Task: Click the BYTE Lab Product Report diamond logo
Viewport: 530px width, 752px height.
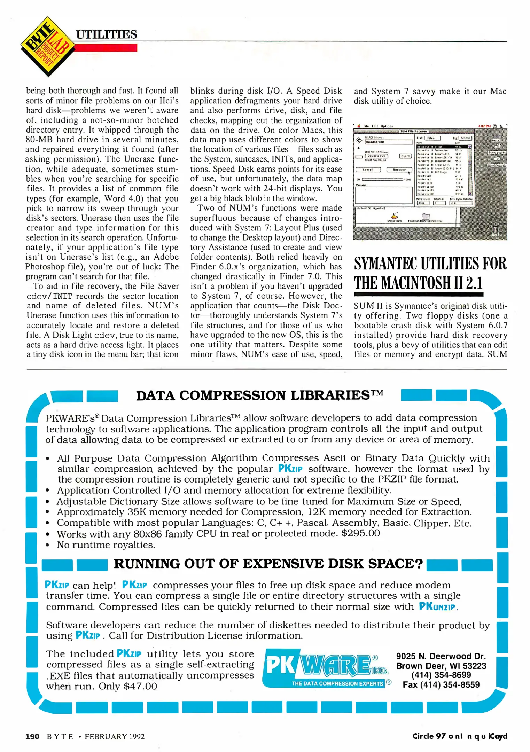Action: coord(47,47)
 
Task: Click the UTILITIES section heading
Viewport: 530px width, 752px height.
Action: coord(107,34)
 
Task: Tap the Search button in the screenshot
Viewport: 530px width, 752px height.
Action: coord(368,170)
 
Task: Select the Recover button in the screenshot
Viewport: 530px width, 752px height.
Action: coord(399,170)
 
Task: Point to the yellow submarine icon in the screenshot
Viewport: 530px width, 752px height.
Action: coord(395,216)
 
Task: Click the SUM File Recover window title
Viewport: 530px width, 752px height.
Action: coord(414,131)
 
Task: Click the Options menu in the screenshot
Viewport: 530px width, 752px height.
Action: coord(387,126)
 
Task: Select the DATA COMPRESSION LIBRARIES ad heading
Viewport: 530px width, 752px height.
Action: coord(259,395)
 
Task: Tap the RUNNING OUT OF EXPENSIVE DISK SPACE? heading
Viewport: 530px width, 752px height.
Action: coord(268,564)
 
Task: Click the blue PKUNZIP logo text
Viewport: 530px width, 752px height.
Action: coord(437,607)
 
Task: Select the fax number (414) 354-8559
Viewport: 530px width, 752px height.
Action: coord(441,685)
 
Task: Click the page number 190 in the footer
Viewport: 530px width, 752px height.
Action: coord(32,736)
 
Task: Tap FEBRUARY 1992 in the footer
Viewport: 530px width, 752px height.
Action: coord(115,737)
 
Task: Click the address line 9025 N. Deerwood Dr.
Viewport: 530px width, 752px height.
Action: coord(441,656)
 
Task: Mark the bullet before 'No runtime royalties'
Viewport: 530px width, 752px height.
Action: coord(47,545)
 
